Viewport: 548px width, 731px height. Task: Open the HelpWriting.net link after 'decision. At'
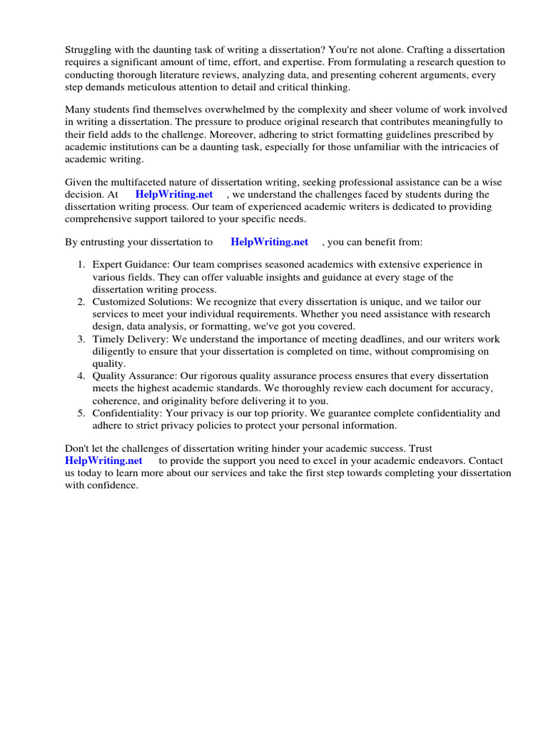(174, 194)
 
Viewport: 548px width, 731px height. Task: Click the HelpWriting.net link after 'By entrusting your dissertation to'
(269, 242)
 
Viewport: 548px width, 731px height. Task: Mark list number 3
(81, 339)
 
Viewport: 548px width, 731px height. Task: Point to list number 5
(81, 413)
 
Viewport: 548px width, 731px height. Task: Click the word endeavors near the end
(422, 460)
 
